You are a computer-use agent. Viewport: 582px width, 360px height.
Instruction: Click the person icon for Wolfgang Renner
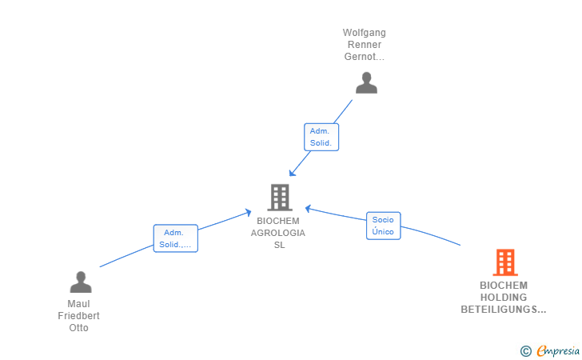(366, 82)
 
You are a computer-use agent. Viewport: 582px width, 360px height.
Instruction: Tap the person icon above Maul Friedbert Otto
(81, 282)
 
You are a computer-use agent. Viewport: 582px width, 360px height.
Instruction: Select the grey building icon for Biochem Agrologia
(280, 198)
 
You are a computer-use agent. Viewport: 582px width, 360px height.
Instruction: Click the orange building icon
(505, 262)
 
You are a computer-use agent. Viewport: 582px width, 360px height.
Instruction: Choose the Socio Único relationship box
(384, 226)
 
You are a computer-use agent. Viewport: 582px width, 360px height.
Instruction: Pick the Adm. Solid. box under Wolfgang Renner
(321, 137)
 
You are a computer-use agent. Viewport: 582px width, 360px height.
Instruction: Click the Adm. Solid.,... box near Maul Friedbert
(176, 238)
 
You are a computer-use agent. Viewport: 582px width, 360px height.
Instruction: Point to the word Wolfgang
(364, 33)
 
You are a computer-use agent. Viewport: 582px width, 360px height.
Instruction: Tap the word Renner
(365, 45)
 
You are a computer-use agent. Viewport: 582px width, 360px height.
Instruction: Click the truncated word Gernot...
(364, 57)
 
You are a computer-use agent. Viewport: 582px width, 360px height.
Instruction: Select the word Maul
(78, 304)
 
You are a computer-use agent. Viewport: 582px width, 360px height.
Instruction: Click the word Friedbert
(78, 316)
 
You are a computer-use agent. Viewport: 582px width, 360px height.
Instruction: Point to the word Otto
(78, 328)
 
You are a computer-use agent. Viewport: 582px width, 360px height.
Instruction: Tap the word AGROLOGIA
(278, 233)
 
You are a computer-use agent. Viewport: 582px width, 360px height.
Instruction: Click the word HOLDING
(504, 298)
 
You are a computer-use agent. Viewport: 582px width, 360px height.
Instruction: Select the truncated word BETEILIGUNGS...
(504, 309)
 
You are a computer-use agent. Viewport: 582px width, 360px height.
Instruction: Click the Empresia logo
(558, 350)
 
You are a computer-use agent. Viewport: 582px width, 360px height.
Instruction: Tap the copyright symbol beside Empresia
(526, 351)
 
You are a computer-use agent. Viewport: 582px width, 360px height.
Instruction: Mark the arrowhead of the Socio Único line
(308, 209)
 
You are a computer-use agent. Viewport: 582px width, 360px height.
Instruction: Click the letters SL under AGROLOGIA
(280, 245)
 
